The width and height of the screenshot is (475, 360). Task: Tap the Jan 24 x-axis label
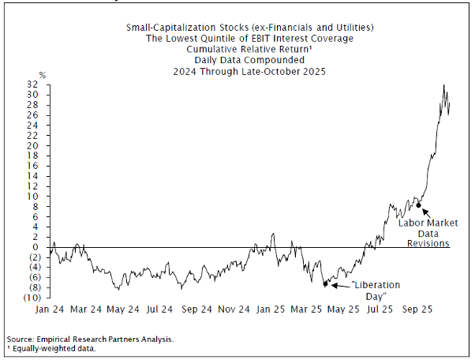pyautogui.click(x=49, y=309)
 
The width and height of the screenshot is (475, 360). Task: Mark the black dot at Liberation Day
pyautogui.click(x=324, y=284)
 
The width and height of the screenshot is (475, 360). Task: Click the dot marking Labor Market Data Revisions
pyautogui.click(x=419, y=205)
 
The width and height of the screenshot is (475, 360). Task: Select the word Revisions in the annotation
pyautogui.click(x=428, y=243)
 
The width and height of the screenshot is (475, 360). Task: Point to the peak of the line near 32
pyautogui.click(x=444, y=85)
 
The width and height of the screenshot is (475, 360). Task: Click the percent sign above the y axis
pyautogui.click(x=43, y=75)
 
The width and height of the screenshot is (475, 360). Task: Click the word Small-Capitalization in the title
pyautogui.click(x=163, y=28)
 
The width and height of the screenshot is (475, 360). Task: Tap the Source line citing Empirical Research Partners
pyautogui.click(x=90, y=339)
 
